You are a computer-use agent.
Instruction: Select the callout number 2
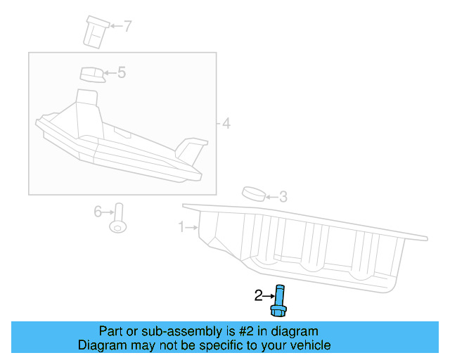258,295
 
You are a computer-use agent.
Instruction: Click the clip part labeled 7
95,31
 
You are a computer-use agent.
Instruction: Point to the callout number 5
121,72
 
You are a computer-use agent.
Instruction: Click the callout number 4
226,124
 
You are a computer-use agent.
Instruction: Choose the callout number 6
98,210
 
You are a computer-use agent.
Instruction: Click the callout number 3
283,197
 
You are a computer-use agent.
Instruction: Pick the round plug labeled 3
253,193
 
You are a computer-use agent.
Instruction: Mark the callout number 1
181,227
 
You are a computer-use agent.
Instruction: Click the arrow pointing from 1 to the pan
192,227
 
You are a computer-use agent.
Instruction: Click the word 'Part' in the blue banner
112,331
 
